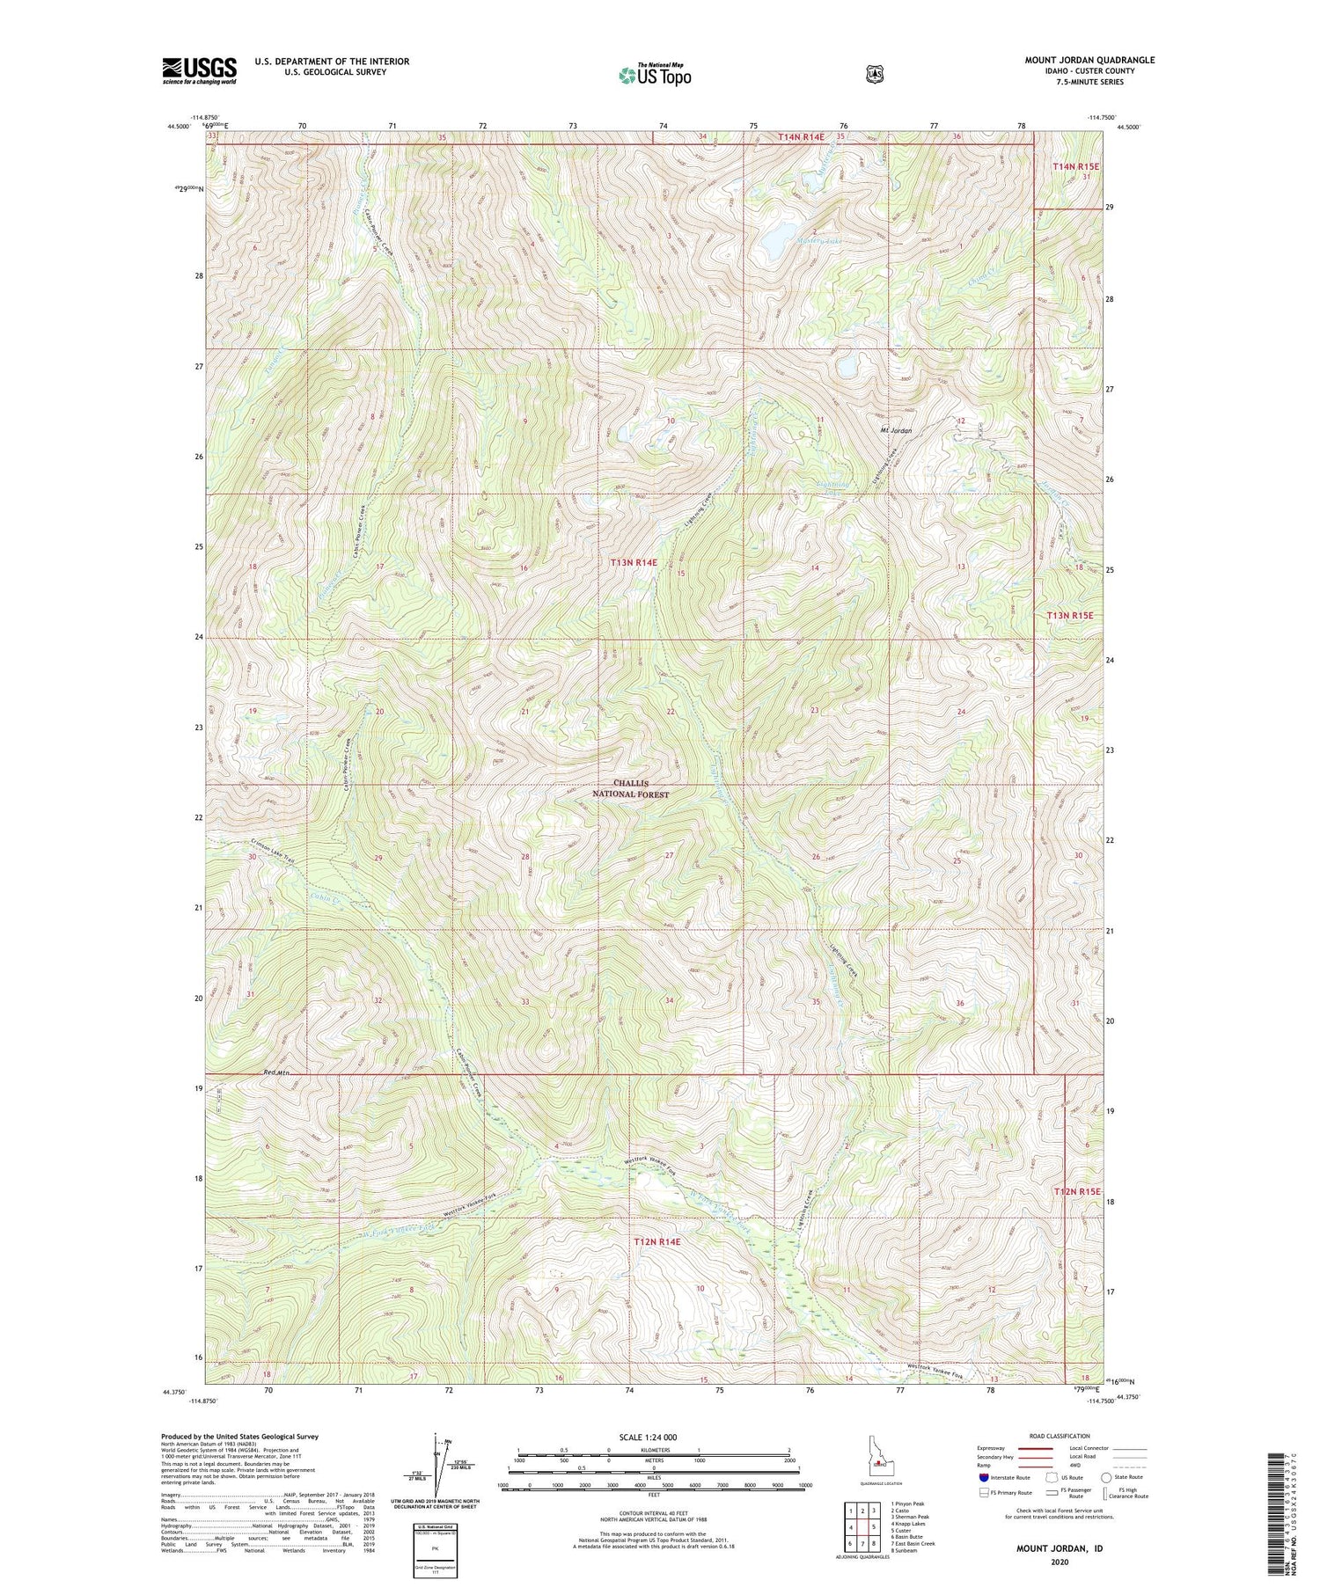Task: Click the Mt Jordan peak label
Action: pos(896,431)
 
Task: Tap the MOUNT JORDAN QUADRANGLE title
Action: pos(1089,61)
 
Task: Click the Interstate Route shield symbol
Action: pos(983,1477)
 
